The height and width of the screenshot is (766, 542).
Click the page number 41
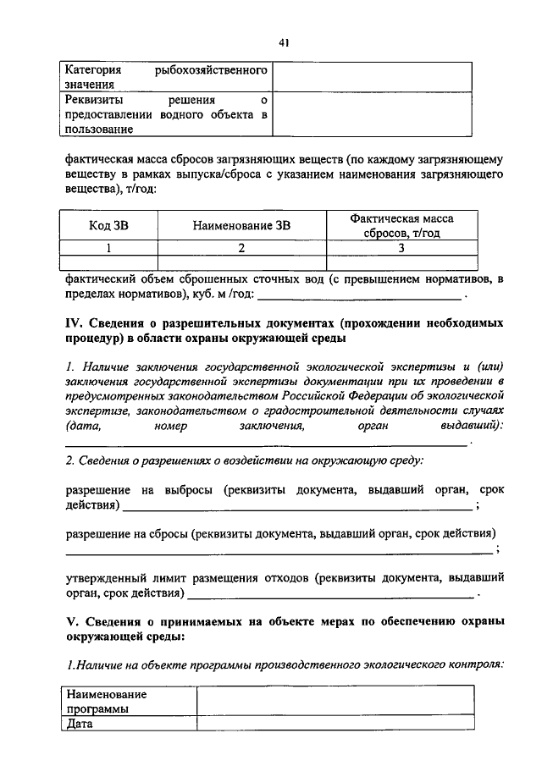[281, 45]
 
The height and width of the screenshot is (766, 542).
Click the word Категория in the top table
[94, 69]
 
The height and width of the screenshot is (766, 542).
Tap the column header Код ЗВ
[109, 226]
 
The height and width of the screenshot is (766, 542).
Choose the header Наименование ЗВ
[241, 226]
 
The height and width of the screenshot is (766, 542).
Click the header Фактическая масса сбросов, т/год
[401, 226]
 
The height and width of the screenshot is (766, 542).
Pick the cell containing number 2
[241, 248]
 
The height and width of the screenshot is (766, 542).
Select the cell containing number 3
[401, 248]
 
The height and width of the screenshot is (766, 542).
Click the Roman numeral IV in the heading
[74, 323]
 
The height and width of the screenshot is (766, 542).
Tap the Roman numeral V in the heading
[71, 621]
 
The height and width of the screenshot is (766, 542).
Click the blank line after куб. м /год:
[360, 296]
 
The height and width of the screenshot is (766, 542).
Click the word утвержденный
[108, 579]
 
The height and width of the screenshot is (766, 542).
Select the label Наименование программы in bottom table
[106, 701]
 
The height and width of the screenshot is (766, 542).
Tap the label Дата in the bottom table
[80, 724]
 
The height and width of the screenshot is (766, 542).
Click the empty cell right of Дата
[335, 724]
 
